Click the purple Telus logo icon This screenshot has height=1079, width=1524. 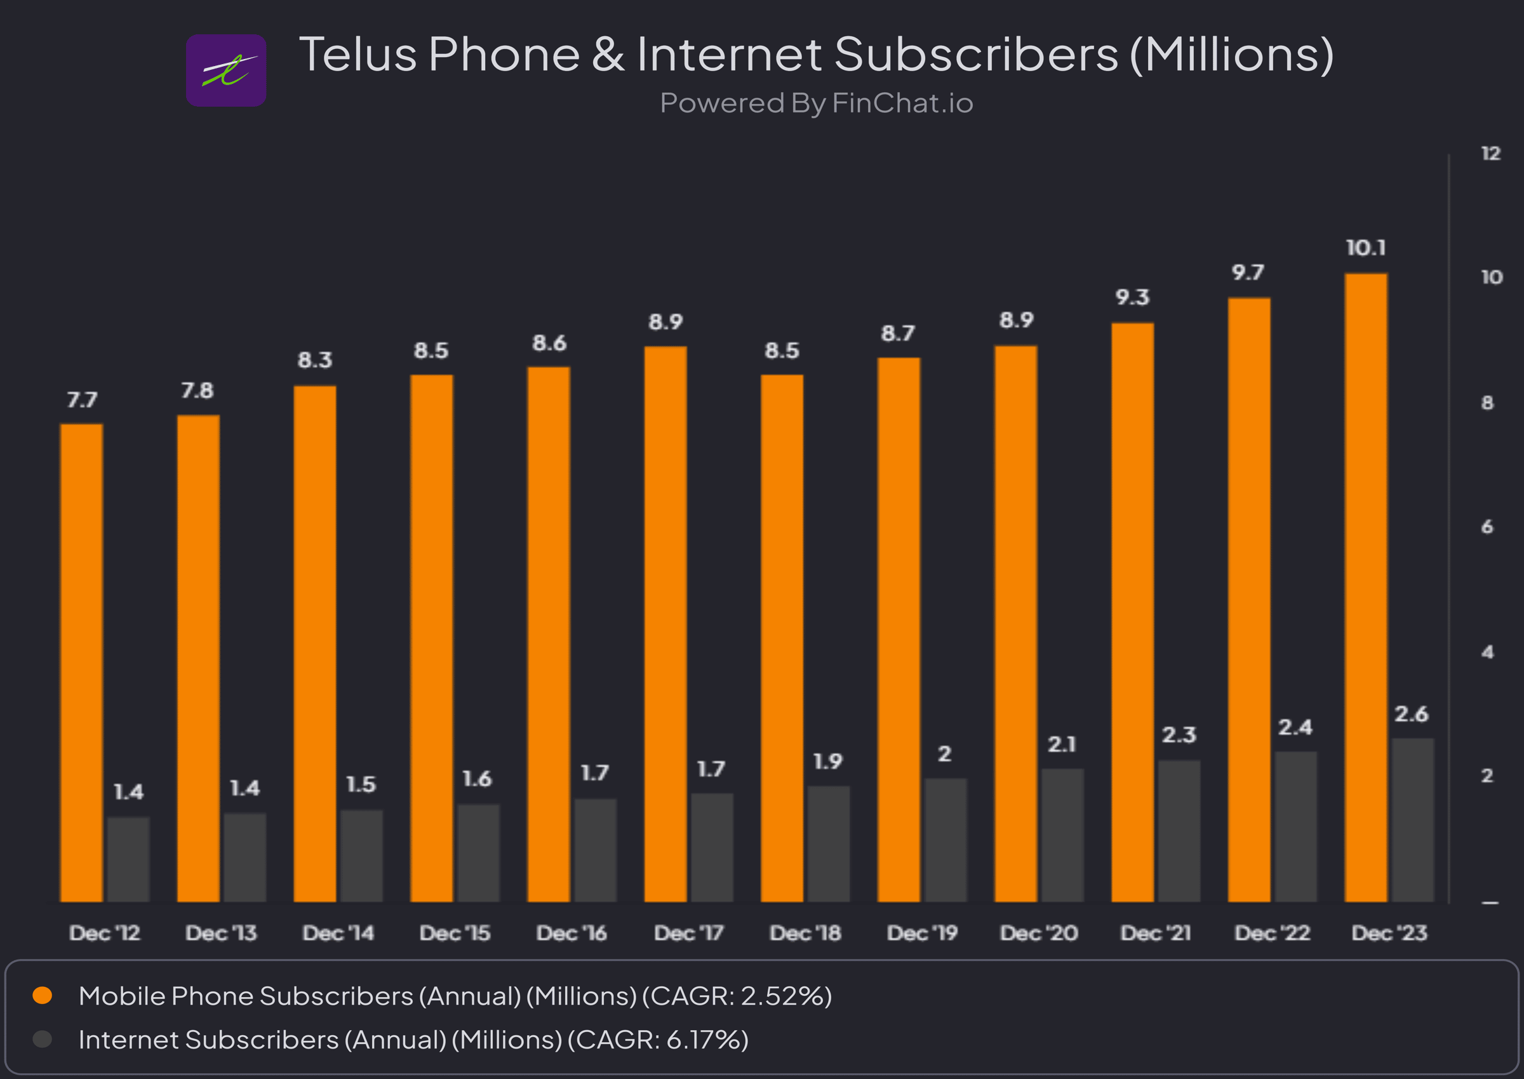coord(226,70)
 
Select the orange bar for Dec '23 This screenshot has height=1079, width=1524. coord(1365,587)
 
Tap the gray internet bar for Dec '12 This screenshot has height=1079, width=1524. coord(128,859)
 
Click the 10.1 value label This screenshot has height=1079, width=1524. coord(1365,248)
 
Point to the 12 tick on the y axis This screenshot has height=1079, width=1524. coord(1491,154)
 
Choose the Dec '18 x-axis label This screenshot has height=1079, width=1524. coord(805,933)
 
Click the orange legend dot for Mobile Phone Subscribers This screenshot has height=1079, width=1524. coord(43,995)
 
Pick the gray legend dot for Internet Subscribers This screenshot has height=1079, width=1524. coord(43,1039)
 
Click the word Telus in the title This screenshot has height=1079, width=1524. coord(358,55)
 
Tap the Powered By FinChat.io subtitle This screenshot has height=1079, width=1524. coord(817,104)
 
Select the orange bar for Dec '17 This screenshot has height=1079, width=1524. coord(665,624)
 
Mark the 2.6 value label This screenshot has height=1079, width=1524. coord(1411,714)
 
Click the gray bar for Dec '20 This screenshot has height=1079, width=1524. coord(1062,835)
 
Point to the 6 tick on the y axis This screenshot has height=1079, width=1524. coord(1487,527)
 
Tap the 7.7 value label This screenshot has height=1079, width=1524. coord(82,400)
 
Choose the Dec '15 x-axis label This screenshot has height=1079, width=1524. coord(455,933)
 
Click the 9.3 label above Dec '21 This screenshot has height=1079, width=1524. coord(1132,297)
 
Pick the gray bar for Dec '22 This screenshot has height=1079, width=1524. coord(1295,826)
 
